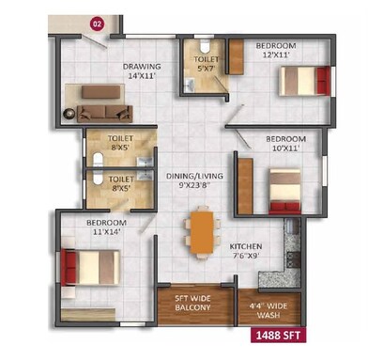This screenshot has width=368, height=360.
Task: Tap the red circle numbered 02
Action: (x=95, y=20)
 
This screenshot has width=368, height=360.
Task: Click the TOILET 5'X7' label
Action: (x=206, y=62)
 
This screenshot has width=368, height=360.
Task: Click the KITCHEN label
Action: (x=246, y=246)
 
